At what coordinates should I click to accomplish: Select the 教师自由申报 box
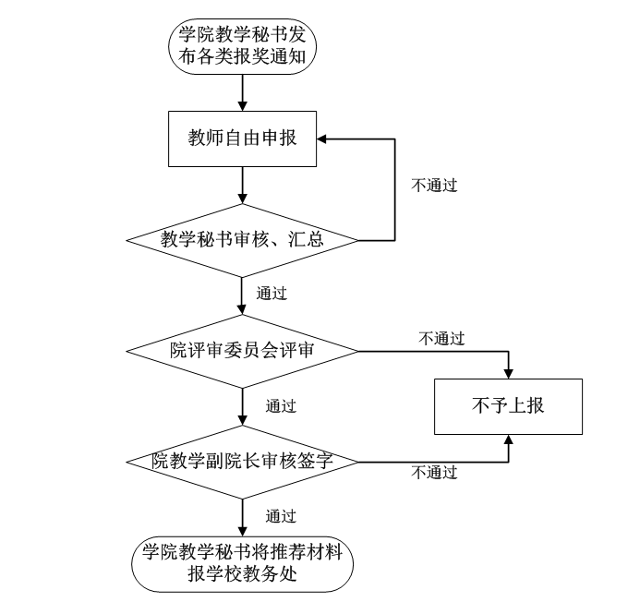(x=242, y=139)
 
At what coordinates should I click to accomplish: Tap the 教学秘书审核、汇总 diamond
(x=242, y=240)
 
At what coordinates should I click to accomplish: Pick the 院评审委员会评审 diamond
(x=242, y=351)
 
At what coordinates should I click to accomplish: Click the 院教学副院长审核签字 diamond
(x=242, y=461)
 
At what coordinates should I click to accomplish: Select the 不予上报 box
(x=508, y=406)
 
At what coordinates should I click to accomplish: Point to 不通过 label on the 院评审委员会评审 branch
(x=441, y=339)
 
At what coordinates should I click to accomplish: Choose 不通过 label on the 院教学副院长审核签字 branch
(x=434, y=473)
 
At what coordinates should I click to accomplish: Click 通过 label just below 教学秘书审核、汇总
(x=271, y=295)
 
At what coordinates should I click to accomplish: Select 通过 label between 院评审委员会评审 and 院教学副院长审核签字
(x=280, y=405)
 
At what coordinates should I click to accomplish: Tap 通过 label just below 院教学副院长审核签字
(x=280, y=515)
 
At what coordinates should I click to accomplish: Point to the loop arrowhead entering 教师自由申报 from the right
(x=324, y=139)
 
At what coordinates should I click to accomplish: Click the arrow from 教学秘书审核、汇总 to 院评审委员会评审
(x=242, y=298)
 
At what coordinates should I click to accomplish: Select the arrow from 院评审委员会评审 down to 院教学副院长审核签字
(x=242, y=406)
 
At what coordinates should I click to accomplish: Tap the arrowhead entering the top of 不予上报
(x=508, y=372)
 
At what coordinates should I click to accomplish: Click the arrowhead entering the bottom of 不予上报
(x=508, y=441)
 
